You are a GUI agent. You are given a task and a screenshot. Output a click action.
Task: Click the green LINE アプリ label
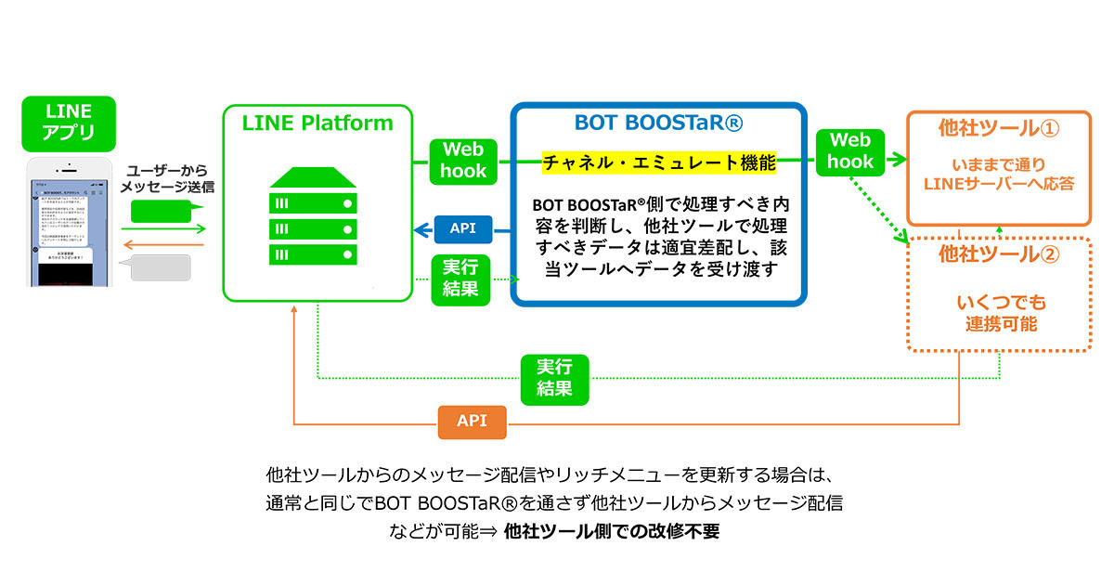pos(69,122)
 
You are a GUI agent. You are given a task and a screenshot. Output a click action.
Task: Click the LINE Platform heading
pos(317,123)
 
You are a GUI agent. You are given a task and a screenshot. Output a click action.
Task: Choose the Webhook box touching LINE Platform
pos(463,160)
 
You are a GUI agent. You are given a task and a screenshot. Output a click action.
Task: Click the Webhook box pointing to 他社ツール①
pos(849,150)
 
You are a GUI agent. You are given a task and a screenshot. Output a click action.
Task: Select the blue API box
pos(463,227)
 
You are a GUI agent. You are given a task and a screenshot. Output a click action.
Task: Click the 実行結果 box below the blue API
pos(460,278)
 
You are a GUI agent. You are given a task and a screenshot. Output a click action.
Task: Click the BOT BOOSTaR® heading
pos(657,123)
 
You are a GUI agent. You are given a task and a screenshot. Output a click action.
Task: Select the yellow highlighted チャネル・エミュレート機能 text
pos(659,163)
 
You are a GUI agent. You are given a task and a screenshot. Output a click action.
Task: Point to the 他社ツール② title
pos(999,253)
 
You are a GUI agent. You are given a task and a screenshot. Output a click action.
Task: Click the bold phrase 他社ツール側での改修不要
pos(612,533)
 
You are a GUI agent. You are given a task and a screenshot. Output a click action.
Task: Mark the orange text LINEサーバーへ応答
pos(999,184)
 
